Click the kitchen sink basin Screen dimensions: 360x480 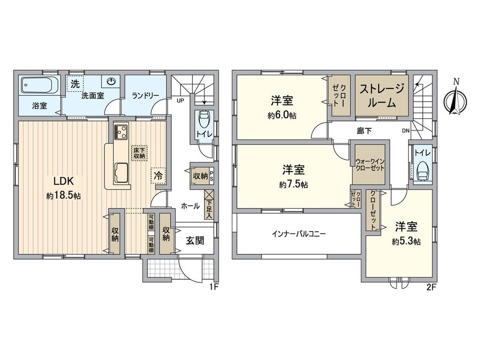point(122,172)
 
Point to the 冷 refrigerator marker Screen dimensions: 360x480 point(158,175)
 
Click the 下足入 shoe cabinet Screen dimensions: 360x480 point(208,204)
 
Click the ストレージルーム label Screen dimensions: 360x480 point(382,96)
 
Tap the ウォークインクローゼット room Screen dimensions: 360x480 point(369,165)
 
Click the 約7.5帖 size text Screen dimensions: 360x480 point(294,184)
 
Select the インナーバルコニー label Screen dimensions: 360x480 point(299,233)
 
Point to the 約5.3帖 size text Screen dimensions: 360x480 point(406,241)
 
